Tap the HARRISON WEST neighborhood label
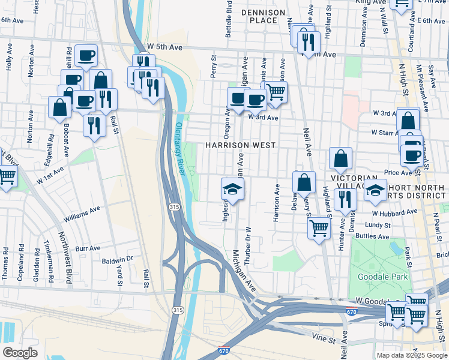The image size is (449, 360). pyautogui.click(x=240, y=145)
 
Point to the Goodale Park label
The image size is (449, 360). pyautogui.click(x=382, y=277)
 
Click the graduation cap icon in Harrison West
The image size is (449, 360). pyautogui.click(x=232, y=190)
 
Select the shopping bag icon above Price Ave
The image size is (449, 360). pyautogui.click(x=340, y=159)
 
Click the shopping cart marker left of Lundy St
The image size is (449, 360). pyautogui.click(x=319, y=228)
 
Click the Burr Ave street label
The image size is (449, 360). pyautogui.click(x=88, y=247)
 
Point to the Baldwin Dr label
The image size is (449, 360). pyautogui.click(x=116, y=259)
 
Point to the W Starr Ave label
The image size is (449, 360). pyautogui.click(x=385, y=132)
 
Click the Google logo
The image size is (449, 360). pyautogui.click(x=20, y=352)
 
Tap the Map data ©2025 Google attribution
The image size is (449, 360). pyautogui.click(x=411, y=355)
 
